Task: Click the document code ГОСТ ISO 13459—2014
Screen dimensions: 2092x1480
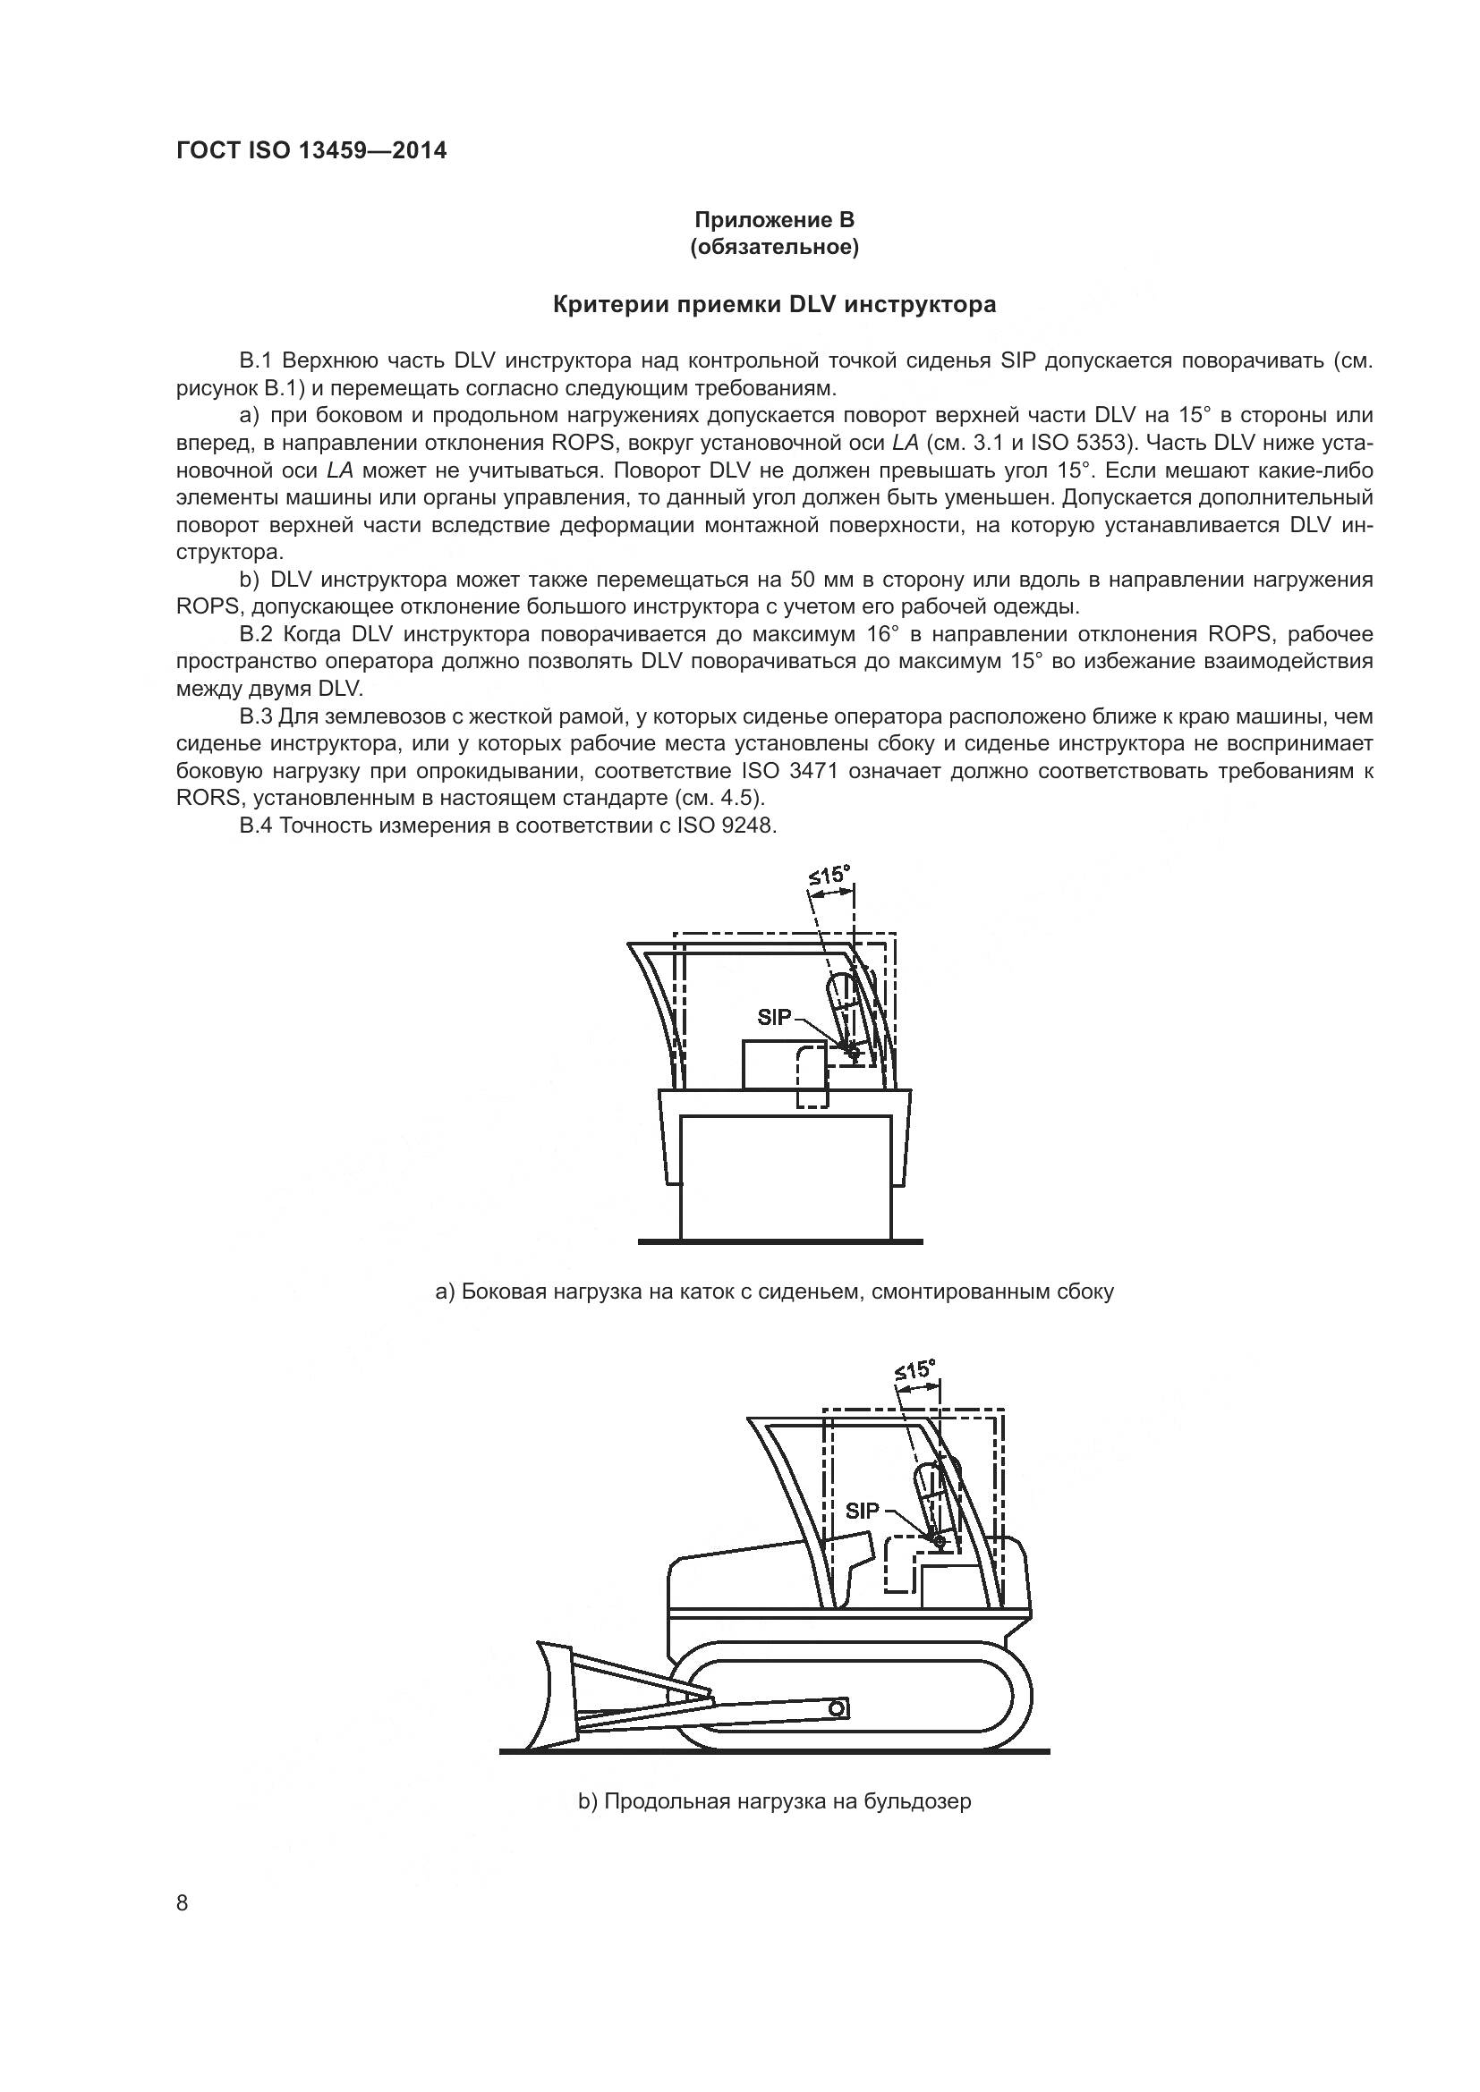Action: click(310, 151)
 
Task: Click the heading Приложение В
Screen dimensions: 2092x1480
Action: click(774, 220)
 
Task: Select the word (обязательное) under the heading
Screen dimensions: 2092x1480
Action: click(774, 248)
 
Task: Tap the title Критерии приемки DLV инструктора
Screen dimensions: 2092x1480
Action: click(774, 305)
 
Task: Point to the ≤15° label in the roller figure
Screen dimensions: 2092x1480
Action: click(829, 877)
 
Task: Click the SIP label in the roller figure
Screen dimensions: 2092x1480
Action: click(774, 1018)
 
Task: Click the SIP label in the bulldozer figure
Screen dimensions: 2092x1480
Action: click(862, 1511)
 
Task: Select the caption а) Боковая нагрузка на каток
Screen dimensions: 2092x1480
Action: click(774, 1292)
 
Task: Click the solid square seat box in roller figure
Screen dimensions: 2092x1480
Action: click(770, 1065)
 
